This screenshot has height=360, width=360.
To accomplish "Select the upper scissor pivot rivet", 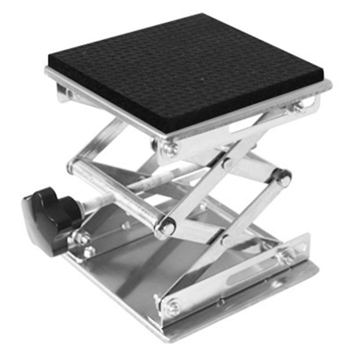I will coord(228,163).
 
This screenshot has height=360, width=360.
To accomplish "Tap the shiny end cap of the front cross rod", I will coord(165,228).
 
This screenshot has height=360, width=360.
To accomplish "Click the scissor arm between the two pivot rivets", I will coord(227,200).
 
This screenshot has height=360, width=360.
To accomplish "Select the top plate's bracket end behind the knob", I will coord(64,92).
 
